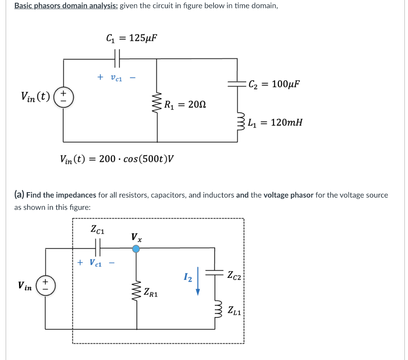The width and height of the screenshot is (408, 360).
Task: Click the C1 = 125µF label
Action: tap(131, 38)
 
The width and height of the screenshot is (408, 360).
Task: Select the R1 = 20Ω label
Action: tap(186, 105)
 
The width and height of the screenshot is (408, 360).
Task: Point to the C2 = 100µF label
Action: tap(274, 84)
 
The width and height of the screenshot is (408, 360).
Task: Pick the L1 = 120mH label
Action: tap(275, 122)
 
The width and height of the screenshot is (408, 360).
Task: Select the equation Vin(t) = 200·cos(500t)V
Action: tap(117, 159)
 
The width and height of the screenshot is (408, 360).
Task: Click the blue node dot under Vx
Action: tap(136, 249)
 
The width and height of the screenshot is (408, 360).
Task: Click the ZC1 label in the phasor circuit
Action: tap(98, 229)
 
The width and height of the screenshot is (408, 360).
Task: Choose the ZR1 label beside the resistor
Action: tap(151, 293)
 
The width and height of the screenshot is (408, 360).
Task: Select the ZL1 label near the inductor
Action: tap(234, 310)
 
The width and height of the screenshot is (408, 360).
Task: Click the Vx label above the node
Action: tap(136, 238)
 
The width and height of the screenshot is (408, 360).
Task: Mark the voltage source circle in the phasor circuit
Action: tap(45, 285)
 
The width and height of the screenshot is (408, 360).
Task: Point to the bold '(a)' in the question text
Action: tap(19, 195)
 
